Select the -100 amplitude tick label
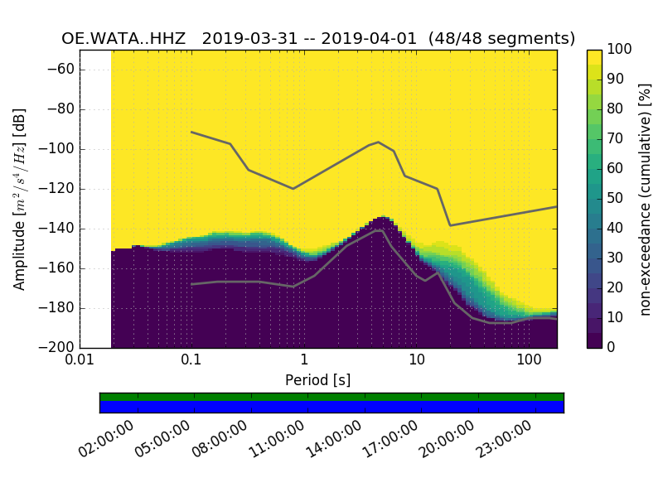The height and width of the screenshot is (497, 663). click(57, 149)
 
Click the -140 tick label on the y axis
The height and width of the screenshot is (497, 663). click(57, 229)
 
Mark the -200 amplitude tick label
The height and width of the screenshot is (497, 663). click(57, 348)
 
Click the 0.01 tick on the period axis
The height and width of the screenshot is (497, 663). click(80, 362)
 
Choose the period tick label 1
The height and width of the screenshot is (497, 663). click(304, 362)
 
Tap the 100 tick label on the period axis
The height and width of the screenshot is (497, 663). click(529, 362)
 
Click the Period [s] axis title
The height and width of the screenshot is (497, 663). click(318, 380)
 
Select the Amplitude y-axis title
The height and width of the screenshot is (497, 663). click(20, 199)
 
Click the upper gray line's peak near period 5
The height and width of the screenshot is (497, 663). click(379, 142)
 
